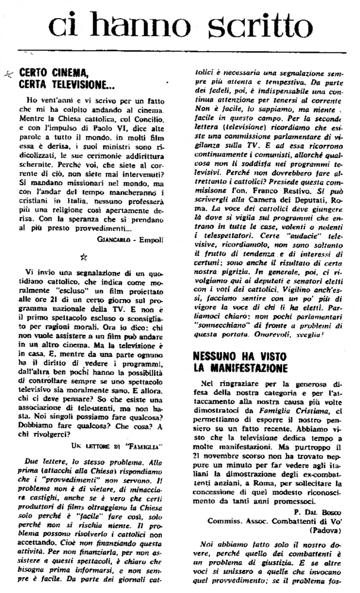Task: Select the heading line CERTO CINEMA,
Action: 53,71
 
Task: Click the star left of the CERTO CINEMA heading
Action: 8,72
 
